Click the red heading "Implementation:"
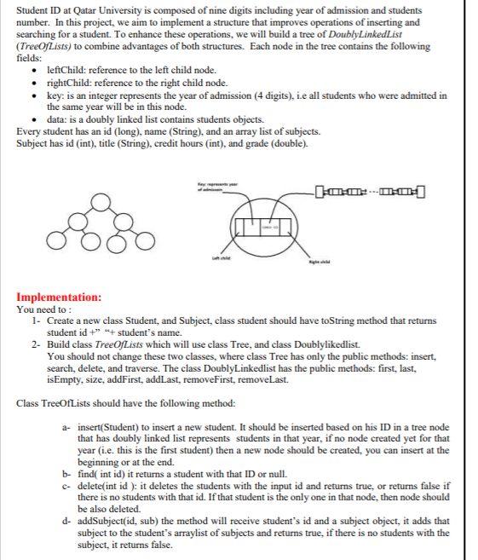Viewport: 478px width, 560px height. (59, 297)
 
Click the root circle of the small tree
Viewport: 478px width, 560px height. (102, 202)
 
